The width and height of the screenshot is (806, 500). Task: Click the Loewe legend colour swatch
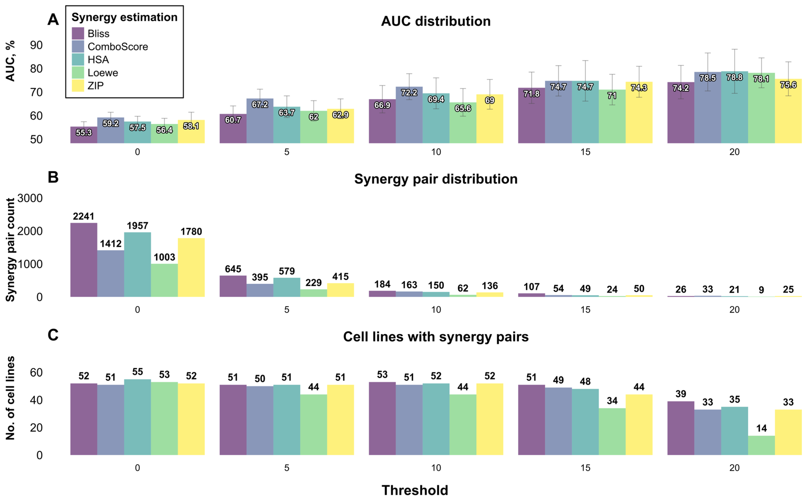coord(78,72)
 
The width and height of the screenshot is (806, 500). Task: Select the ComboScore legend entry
coord(110,47)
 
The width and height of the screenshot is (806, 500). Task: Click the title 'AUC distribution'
coord(436,21)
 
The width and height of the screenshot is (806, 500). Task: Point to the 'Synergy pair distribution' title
coord(436,179)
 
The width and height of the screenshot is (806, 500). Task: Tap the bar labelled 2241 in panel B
coord(84,260)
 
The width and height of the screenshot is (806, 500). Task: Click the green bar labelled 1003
coord(165,280)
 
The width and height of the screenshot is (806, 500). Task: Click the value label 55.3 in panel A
coord(84,133)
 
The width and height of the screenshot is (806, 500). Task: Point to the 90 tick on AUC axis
coord(36,45)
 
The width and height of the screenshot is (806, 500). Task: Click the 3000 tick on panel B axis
coord(30,198)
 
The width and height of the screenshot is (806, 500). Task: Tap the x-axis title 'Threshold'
coord(415,490)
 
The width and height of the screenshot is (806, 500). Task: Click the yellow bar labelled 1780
coord(191,267)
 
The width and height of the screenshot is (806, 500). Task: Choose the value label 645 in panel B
coord(233,269)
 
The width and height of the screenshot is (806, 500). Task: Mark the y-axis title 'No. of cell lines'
coord(10,398)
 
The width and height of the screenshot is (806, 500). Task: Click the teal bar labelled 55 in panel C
coord(138,417)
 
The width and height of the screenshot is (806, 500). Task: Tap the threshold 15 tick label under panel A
coord(585,152)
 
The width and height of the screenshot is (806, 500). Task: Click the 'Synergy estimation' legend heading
coord(124,17)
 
